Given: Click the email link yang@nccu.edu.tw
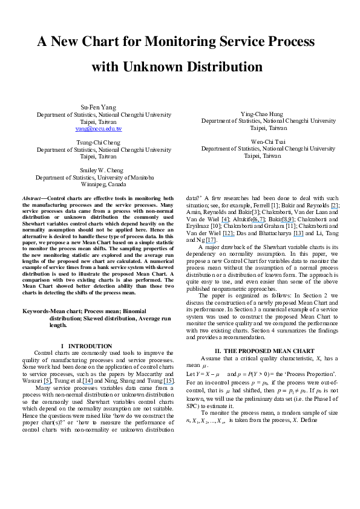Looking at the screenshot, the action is point(99,129).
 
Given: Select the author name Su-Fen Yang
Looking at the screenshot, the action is point(99,107).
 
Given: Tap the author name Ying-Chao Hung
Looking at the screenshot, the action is point(262,114).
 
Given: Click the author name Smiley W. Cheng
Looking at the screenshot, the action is point(102,170).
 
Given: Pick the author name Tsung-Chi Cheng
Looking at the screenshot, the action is point(99,143).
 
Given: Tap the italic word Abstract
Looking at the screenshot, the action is point(31,198).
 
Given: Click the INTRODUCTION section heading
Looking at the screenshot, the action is point(90,346).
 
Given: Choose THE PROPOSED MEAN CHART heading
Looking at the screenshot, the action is point(269,351).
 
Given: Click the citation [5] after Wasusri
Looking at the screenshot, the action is point(47,381).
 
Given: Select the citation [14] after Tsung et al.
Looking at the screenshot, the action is point(88,381).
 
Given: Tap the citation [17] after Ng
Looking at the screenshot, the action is point(211,240).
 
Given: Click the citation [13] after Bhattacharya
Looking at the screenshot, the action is point(298,233).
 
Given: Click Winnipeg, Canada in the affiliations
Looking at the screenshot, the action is point(103,184).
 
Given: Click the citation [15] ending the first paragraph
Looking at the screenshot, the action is point(169,381).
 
